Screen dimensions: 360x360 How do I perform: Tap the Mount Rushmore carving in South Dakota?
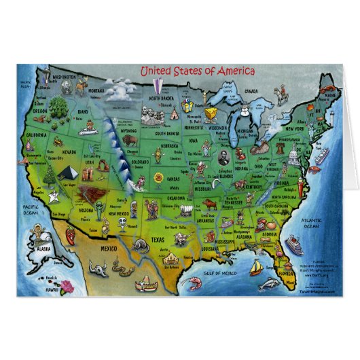coord(151,120)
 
